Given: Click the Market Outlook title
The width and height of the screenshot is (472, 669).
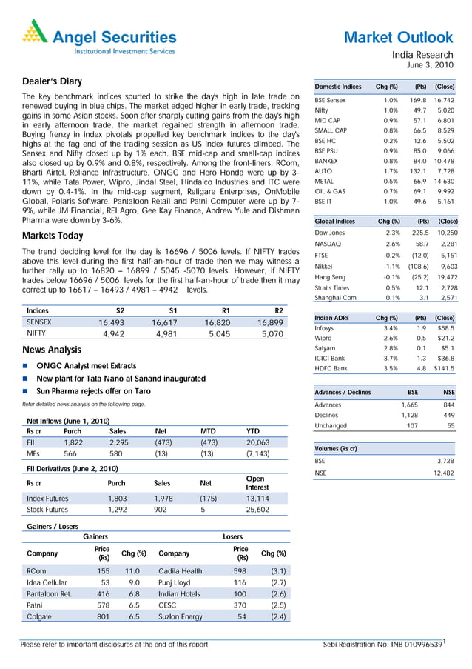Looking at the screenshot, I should tap(398, 37).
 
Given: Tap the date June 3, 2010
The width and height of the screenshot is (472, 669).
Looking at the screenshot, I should tap(433, 65).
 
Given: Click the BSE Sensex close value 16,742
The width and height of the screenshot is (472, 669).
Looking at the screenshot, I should tap(443, 99).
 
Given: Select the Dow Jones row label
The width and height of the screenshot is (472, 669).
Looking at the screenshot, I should tap(330, 233).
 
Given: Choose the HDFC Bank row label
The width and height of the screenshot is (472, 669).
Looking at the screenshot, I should tap(331, 368).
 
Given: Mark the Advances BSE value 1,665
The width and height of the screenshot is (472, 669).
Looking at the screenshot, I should tap(408, 405).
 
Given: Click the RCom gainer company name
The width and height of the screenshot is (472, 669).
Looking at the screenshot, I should tap(36, 571).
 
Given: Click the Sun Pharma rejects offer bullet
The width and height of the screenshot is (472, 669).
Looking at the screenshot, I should tap(93, 390).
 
